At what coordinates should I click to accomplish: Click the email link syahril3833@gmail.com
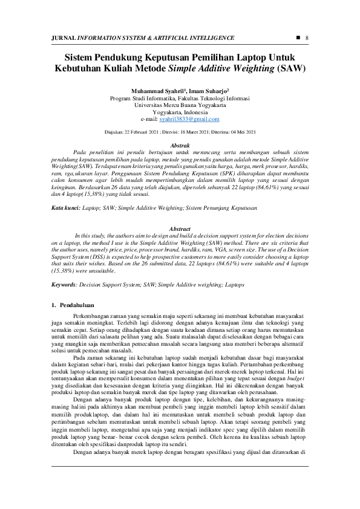(193, 120)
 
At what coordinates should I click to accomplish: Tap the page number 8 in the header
(307, 38)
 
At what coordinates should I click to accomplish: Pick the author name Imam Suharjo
(208, 90)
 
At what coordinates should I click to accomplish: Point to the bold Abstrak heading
(180, 146)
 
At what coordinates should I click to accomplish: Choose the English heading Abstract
(180, 229)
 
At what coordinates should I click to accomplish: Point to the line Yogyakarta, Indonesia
(180, 112)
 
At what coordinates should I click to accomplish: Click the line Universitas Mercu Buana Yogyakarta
(180, 105)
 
